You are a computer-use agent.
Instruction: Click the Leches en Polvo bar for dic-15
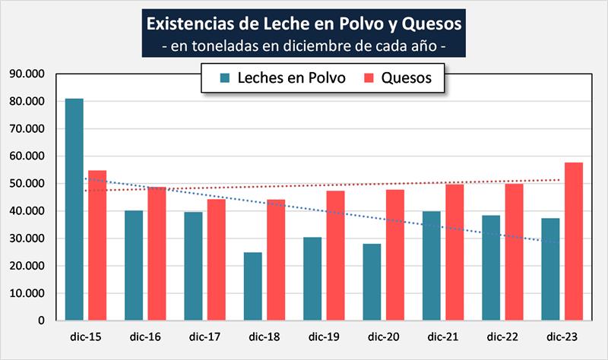pyautogui.click(x=74, y=209)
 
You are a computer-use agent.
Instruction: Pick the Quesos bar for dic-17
pyautogui.click(x=217, y=259)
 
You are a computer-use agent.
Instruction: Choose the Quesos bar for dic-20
pyautogui.click(x=395, y=254)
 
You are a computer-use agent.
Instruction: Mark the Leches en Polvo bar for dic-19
pyautogui.click(x=312, y=278)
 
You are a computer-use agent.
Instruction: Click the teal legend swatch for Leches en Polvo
pyautogui.click(x=225, y=78)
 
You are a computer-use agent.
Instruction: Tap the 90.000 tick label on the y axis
pyautogui.click(x=26, y=74)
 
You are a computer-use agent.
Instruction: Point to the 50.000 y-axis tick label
pyautogui.click(x=26, y=184)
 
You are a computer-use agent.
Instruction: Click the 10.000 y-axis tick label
pyautogui.click(x=26, y=293)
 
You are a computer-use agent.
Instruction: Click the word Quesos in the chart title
pyautogui.click(x=429, y=23)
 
